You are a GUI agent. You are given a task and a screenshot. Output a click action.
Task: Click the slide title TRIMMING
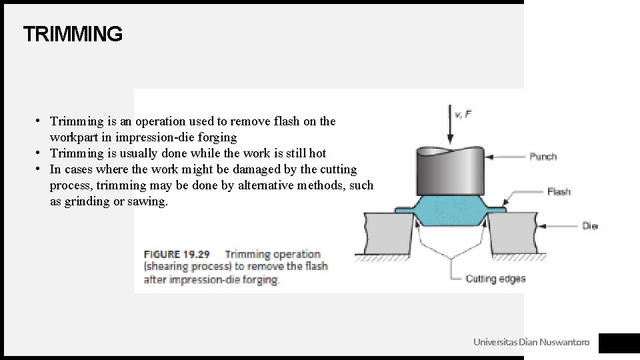click(73, 34)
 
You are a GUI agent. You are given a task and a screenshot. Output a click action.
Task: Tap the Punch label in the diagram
click(543, 157)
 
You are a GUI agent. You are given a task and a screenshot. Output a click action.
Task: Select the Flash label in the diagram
click(559, 192)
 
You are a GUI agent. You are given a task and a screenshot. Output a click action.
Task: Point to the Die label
click(590, 226)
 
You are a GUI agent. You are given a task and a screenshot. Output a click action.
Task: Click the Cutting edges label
click(495, 279)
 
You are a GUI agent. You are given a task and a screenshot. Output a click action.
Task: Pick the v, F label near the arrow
click(463, 115)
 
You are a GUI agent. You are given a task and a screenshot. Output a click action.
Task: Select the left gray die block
click(388, 233)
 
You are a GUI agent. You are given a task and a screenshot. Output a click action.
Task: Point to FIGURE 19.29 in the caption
click(177, 254)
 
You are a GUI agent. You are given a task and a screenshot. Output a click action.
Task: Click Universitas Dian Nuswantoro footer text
click(531, 342)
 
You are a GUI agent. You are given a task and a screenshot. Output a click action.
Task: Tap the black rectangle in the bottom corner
click(619, 343)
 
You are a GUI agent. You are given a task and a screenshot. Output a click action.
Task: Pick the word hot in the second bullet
click(317, 153)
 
